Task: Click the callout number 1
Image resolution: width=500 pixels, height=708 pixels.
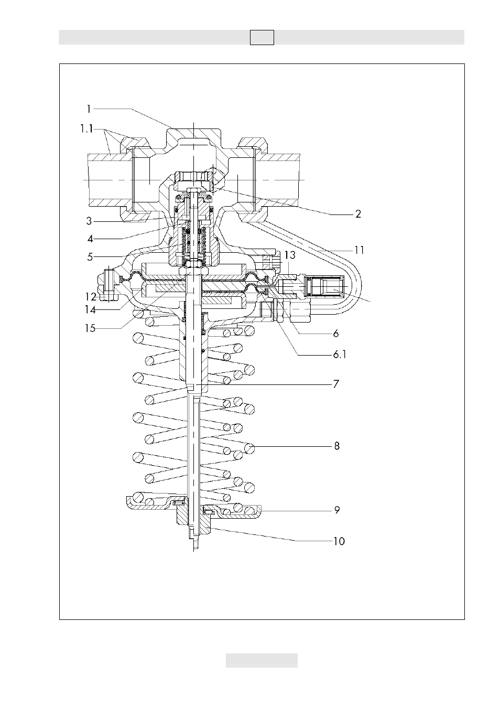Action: [x=89, y=110]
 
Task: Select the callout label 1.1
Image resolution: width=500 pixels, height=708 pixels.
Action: [x=86, y=129]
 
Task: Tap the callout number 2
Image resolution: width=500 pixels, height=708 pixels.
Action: [x=358, y=214]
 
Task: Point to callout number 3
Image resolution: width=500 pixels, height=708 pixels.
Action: [x=89, y=221]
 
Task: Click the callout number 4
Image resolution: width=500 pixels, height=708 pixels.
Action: [x=90, y=239]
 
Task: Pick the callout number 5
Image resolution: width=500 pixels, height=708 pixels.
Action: [x=90, y=257]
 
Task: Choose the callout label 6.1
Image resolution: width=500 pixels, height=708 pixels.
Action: [x=340, y=355]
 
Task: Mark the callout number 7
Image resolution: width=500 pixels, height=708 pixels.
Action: [x=336, y=384]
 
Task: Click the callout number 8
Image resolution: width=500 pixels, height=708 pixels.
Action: [x=336, y=446]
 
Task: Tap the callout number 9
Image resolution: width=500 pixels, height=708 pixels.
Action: [x=337, y=510]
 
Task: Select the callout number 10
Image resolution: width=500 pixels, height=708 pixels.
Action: [x=339, y=541]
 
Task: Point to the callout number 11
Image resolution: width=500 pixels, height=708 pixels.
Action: [x=360, y=250]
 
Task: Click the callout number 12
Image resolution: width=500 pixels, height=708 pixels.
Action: [x=91, y=297]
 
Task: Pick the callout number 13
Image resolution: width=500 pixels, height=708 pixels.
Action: [x=290, y=255]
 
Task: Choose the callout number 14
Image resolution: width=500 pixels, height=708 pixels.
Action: [x=90, y=310]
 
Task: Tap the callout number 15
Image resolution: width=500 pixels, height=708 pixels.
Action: [x=90, y=328]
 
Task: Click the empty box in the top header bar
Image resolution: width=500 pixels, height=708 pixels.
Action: [x=262, y=37]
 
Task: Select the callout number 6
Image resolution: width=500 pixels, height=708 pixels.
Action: [x=336, y=334]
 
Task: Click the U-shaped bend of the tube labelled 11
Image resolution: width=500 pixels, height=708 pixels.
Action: [x=358, y=286]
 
